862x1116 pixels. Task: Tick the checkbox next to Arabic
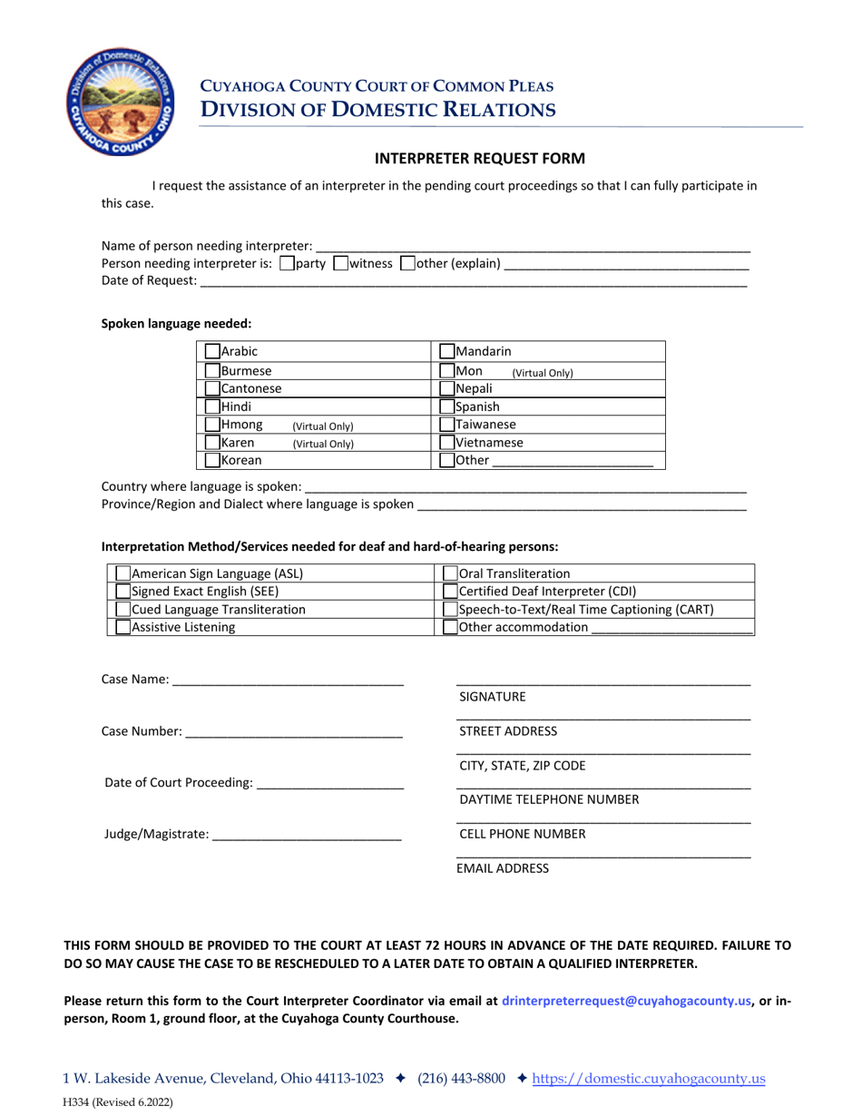[x=212, y=351]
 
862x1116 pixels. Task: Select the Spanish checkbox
[x=446, y=407]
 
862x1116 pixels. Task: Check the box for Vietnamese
[x=446, y=443]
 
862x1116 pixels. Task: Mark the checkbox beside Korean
[x=212, y=460]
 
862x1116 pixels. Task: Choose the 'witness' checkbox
[x=341, y=264]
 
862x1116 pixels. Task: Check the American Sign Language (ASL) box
[x=123, y=573]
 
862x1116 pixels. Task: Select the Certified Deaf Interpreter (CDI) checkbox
[x=450, y=591]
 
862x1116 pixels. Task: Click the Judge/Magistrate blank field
[x=306, y=834]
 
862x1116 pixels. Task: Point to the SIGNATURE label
[x=492, y=697]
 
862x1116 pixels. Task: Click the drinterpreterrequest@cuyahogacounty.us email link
[x=626, y=1002]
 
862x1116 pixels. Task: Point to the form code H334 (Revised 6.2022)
[x=117, y=1103]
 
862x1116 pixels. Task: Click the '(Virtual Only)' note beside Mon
[x=543, y=373]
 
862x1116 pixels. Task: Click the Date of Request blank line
[x=472, y=281]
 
